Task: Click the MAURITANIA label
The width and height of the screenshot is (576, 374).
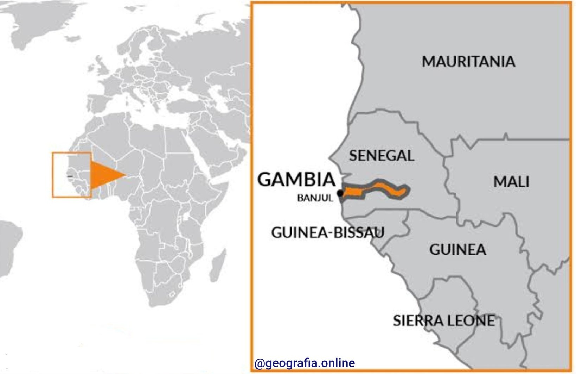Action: coord(468,62)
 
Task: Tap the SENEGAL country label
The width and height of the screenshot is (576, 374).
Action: coord(382,156)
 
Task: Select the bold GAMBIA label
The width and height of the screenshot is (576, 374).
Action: coord(296,180)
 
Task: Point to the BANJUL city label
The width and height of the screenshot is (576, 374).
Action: coord(315,198)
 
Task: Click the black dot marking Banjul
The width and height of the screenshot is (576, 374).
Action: coord(340,193)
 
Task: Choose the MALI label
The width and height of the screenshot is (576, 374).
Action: coord(511,182)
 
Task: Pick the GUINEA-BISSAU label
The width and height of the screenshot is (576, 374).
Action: coord(328,233)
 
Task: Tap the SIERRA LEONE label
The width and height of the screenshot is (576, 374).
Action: coord(444,321)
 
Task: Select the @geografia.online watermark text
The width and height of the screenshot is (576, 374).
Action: coord(305,363)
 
